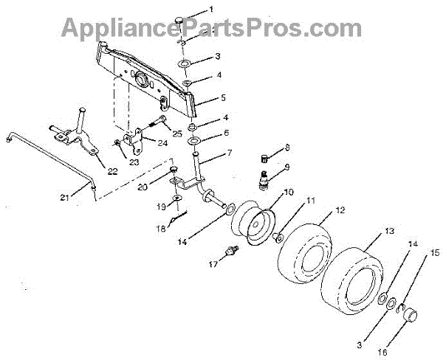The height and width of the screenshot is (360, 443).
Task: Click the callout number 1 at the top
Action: tap(210, 10)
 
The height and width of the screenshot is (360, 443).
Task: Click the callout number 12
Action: tap(340, 210)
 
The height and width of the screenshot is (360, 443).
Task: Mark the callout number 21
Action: tap(66, 198)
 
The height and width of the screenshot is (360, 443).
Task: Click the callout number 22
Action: tap(112, 172)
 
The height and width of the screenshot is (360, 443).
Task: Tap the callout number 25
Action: tap(176, 133)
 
